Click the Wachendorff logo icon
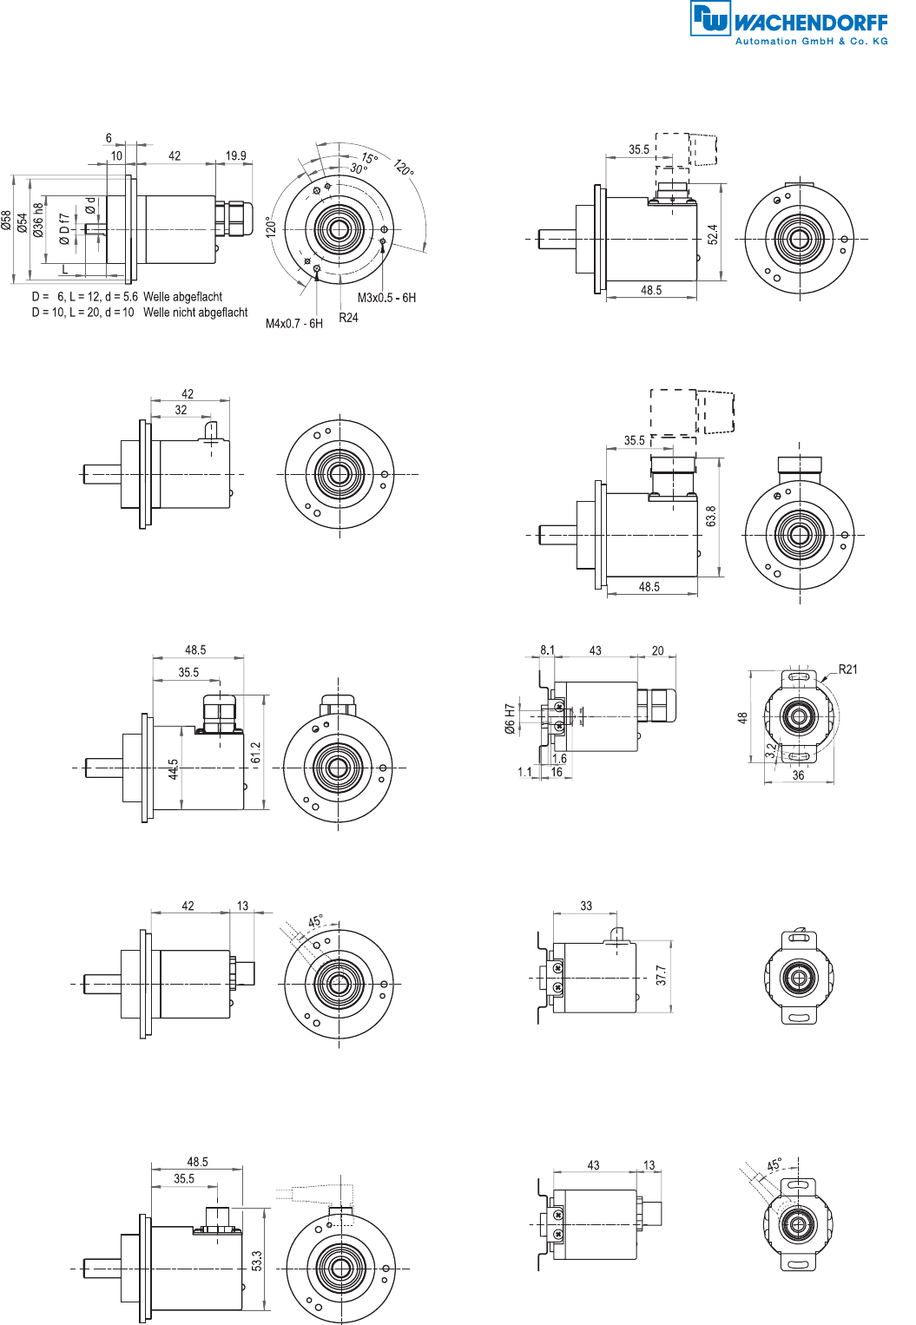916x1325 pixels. tap(711, 18)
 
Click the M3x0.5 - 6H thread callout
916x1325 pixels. tap(386, 298)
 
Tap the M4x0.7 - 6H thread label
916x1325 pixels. tap(293, 324)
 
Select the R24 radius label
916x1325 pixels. tap(348, 318)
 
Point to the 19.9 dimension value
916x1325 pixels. tap(235, 155)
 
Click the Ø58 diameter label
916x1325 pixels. tap(6, 220)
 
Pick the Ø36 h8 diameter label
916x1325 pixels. tap(38, 220)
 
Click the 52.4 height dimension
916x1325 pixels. tap(713, 234)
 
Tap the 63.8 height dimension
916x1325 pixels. tap(711, 517)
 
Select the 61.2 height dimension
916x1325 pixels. tap(256, 753)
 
